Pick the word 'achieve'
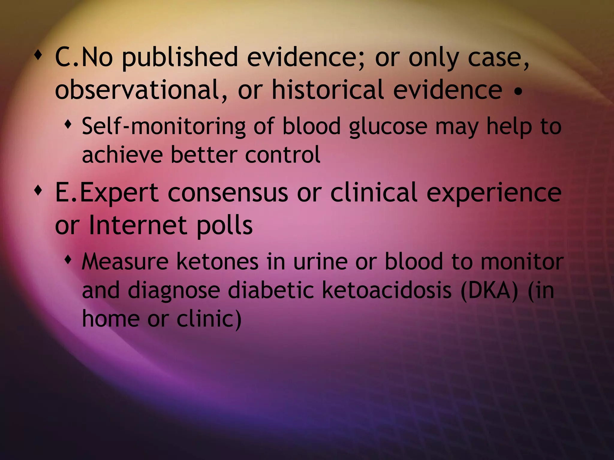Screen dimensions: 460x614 (122, 155)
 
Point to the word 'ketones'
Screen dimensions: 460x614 (217, 262)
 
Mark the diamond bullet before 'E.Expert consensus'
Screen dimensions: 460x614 (38, 190)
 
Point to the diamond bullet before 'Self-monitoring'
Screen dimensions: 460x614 (69, 123)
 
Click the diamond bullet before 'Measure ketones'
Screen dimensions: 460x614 (69, 258)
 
